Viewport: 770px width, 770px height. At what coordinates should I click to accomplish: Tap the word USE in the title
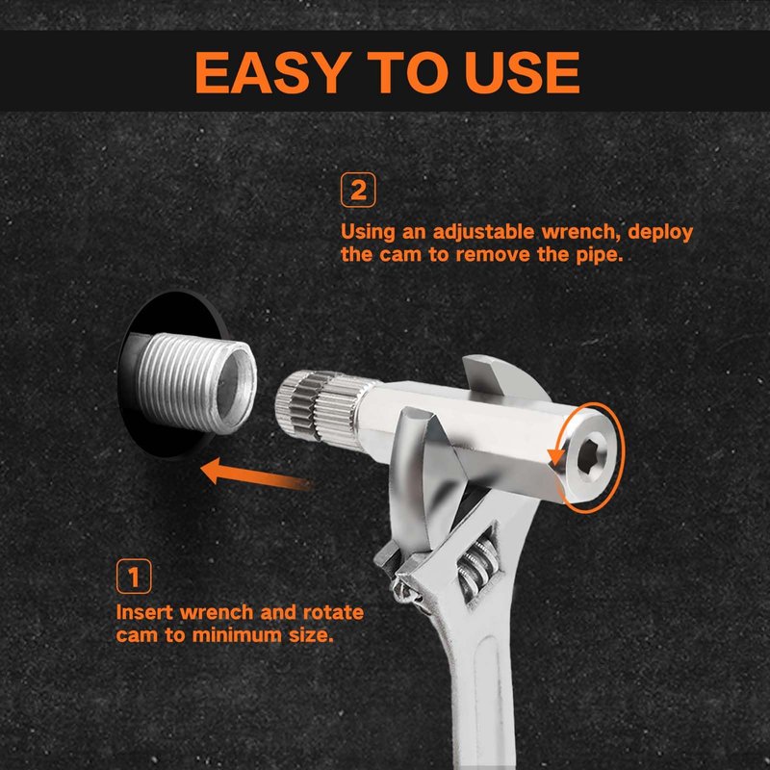pyautogui.click(x=522, y=72)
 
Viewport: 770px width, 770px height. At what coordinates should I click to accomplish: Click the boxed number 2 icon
pyautogui.click(x=358, y=190)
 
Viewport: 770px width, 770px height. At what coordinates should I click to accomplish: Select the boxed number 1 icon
pyautogui.click(x=134, y=576)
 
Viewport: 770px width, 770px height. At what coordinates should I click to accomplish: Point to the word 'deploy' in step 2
pyautogui.click(x=660, y=233)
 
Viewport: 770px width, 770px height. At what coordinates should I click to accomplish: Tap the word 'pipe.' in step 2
pyautogui.click(x=599, y=255)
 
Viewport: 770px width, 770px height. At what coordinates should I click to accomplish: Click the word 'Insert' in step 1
pyautogui.click(x=144, y=612)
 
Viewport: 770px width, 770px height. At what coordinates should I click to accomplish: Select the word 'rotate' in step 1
pyautogui.click(x=333, y=613)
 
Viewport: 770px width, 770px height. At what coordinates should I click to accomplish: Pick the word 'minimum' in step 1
pyautogui.click(x=237, y=635)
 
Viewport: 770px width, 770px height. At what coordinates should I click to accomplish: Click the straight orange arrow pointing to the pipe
pyautogui.click(x=255, y=474)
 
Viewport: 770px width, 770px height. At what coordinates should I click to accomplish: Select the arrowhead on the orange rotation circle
pyautogui.click(x=556, y=457)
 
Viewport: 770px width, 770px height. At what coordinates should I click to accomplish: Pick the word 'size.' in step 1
pyautogui.click(x=311, y=635)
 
